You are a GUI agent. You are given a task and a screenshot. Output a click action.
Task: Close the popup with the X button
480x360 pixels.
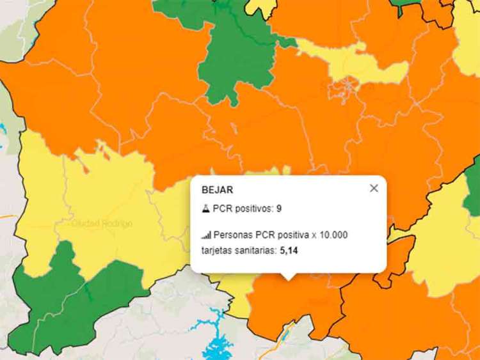[x=374, y=188]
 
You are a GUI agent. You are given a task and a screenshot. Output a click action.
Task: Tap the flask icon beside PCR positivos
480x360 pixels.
[x=206, y=208]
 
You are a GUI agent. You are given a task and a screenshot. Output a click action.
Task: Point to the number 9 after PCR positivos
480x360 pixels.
[x=279, y=208]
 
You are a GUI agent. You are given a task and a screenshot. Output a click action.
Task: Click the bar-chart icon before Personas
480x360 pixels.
[x=206, y=235]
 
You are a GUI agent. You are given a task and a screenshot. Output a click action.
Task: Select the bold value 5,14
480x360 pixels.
[x=289, y=250]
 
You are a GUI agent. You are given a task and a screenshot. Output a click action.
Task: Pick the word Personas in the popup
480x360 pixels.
[x=235, y=235]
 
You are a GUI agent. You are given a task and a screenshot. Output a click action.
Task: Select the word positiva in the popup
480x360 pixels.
[x=292, y=235]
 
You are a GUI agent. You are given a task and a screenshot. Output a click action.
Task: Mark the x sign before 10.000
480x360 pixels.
[x=314, y=235]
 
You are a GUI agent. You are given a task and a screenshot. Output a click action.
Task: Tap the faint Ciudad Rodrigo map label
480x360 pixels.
[x=102, y=224]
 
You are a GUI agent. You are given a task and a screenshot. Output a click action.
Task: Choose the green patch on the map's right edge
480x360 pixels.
[x=473, y=192]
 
